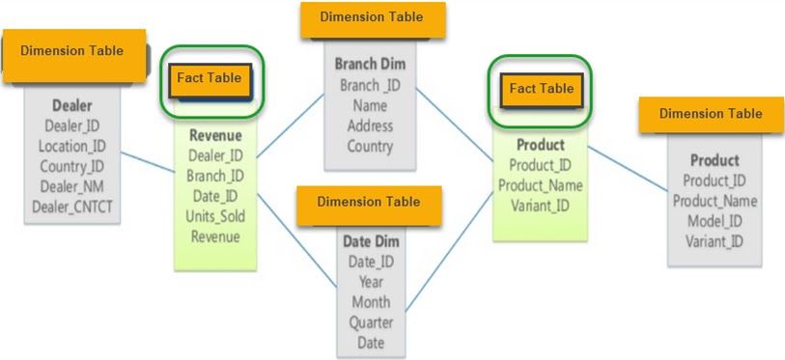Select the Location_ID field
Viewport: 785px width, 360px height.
[x=71, y=147]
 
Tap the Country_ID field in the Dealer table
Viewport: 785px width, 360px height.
[x=71, y=166]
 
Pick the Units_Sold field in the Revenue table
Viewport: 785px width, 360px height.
[x=215, y=216]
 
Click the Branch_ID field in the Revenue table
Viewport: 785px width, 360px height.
[x=215, y=176]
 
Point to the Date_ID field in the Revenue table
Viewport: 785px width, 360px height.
[x=215, y=196]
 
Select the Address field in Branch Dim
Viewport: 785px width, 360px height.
[x=370, y=126]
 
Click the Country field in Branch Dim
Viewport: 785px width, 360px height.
[x=370, y=147]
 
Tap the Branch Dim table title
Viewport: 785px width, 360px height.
[x=370, y=65]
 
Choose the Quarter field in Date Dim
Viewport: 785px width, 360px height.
[x=371, y=322]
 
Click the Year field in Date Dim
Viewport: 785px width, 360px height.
[x=371, y=282]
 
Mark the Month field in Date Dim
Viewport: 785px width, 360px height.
[x=371, y=302]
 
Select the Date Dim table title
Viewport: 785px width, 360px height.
[x=371, y=240]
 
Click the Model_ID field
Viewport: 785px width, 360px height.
[x=715, y=221]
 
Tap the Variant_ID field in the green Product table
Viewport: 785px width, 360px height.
[x=541, y=205]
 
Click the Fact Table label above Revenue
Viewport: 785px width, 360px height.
[x=209, y=78]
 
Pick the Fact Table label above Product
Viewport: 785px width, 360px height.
[x=541, y=89]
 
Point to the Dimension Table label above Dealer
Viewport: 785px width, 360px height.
[x=72, y=50]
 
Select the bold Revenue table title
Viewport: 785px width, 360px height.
[x=215, y=135]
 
